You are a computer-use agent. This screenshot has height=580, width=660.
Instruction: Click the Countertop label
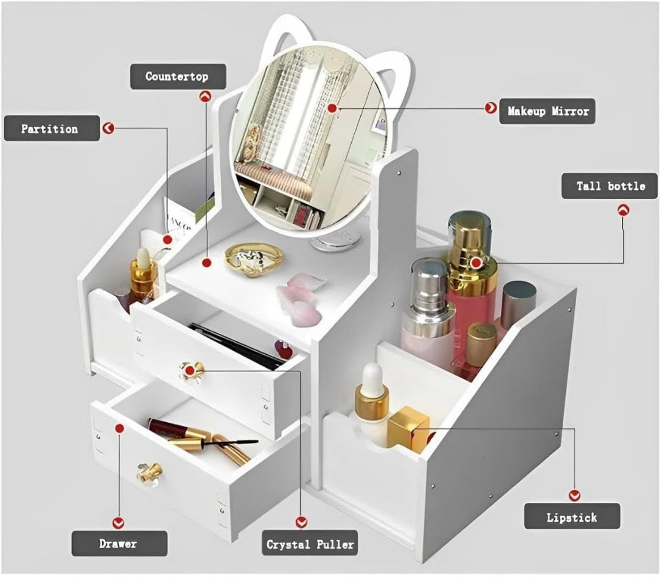[x=177, y=77]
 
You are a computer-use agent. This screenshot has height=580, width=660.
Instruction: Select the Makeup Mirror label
[x=547, y=111]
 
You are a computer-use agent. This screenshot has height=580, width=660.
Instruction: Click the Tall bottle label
[x=609, y=186]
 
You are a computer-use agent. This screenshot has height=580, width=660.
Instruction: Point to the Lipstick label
[x=572, y=517]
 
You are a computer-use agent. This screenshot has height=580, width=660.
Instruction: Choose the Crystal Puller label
[x=310, y=544]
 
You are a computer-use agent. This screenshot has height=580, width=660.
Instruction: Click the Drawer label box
[x=119, y=543]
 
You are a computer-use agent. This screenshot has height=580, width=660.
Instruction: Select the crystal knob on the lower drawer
[x=149, y=473]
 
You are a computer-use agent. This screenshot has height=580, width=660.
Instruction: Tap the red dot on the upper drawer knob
[x=190, y=370]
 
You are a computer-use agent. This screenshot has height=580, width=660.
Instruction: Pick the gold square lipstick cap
[x=408, y=428]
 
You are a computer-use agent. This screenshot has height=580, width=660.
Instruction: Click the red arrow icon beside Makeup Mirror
[x=490, y=108]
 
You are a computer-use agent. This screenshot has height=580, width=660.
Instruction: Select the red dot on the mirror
[x=332, y=108]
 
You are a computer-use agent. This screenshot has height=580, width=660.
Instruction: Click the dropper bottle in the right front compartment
[x=372, y=404]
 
